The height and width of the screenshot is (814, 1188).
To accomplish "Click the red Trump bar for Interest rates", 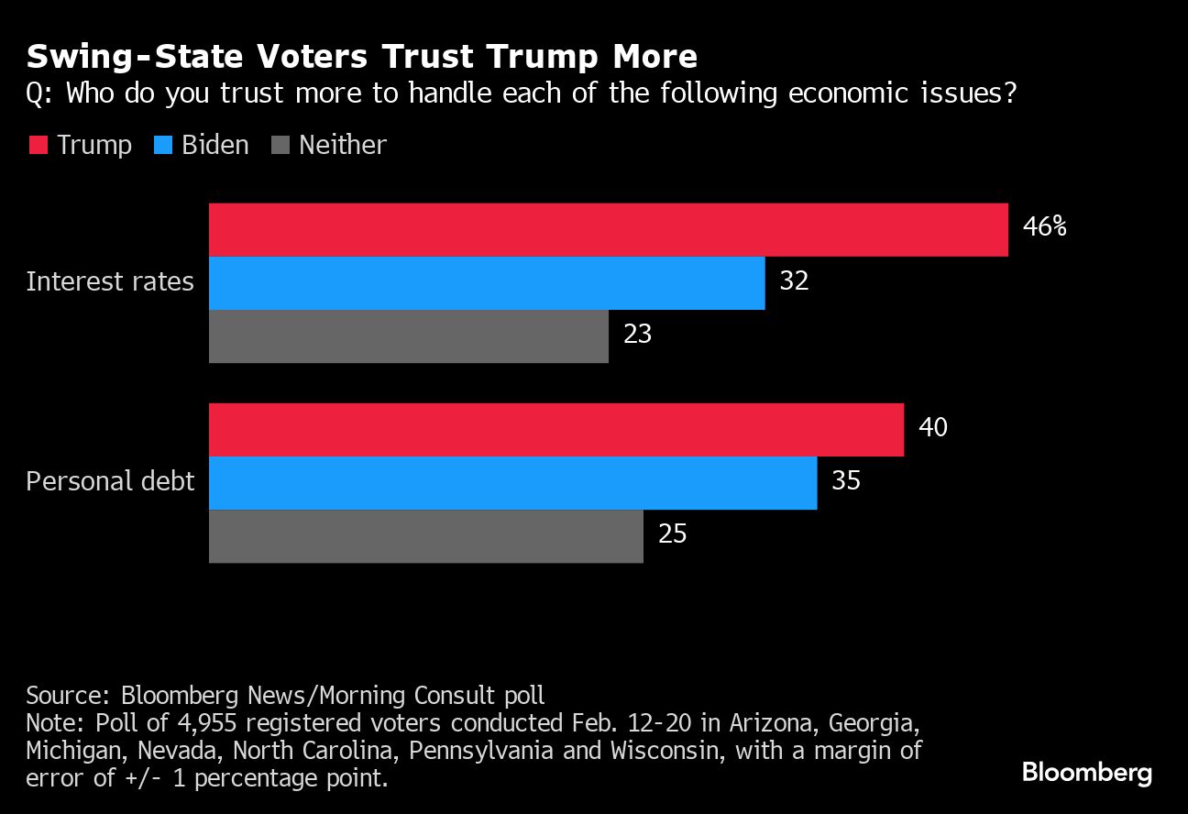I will (608, 230).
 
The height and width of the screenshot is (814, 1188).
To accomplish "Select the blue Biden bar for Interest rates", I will (487, 283).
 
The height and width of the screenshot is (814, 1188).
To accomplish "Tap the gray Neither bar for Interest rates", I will (409, 336).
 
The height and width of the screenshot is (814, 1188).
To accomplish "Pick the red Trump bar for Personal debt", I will (556, 430).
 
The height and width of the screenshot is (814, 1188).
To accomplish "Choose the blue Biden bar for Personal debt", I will (512, 483).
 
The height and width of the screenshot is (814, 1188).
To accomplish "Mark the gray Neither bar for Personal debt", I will (426, 536).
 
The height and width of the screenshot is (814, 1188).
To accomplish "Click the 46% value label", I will (1044, 227).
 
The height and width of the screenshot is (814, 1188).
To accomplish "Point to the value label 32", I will (794, 280).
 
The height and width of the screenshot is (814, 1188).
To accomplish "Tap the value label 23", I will (637, 334).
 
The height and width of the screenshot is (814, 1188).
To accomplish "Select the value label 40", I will (932, 427).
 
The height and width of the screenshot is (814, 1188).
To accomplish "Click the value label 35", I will (845, 480).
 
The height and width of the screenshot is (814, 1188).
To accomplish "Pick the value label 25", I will (672, 533).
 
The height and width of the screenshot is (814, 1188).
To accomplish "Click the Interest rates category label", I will (110, 280).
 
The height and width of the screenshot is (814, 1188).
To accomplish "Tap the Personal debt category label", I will (110, 481).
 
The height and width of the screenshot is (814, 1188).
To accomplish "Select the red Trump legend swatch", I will (38, 146).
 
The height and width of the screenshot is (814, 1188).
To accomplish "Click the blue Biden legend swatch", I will (163, 146).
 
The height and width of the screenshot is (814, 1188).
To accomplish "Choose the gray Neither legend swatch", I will (280, 146).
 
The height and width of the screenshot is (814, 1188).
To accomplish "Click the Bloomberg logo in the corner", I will (1086, 773).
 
